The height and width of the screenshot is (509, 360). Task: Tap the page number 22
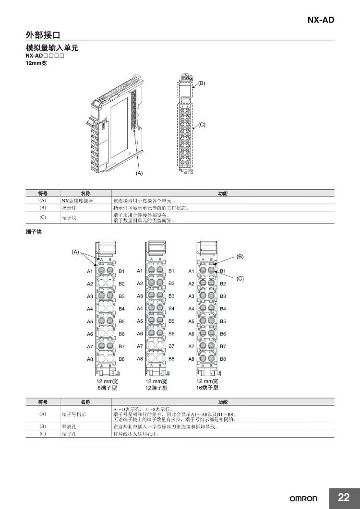[344, 497]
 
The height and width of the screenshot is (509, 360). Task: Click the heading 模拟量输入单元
[51, 48]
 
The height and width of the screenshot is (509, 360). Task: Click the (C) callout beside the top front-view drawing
[202, 124]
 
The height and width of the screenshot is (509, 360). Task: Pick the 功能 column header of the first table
[223, 193]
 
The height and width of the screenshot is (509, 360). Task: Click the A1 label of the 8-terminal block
[90, 272]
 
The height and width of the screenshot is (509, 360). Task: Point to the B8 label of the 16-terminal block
[223, 359]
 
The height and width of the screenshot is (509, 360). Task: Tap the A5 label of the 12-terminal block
[140, 321]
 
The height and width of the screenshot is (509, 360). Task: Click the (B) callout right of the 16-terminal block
[240, 257]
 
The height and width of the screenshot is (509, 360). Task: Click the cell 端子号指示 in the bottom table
[73, 414]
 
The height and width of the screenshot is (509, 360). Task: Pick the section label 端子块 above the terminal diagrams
[33, 232]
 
